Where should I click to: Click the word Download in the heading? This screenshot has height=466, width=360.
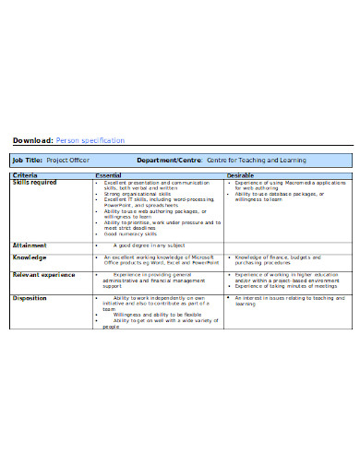[30, 140]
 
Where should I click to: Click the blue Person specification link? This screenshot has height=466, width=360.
[90, 140]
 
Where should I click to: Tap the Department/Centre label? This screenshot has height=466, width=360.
[169, 161]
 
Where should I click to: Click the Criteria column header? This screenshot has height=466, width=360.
[25, 174]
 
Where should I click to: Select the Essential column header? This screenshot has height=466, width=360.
[108, 174]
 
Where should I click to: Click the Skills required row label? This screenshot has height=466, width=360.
[34, 182]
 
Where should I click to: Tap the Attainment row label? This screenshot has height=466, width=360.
[30, 245]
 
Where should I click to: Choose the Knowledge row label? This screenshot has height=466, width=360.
[29, 257]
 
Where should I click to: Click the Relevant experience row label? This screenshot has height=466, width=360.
[43, 274]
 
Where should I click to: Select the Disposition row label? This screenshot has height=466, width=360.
[30, 298]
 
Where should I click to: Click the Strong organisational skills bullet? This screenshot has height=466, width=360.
[138, 194]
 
